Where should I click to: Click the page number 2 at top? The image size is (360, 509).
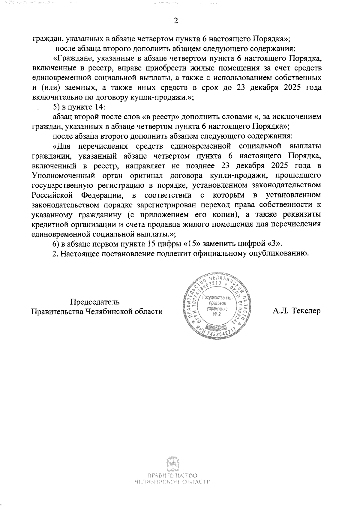176,21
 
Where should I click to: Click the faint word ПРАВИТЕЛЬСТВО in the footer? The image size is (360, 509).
172,476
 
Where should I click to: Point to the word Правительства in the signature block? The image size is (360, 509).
57,311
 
